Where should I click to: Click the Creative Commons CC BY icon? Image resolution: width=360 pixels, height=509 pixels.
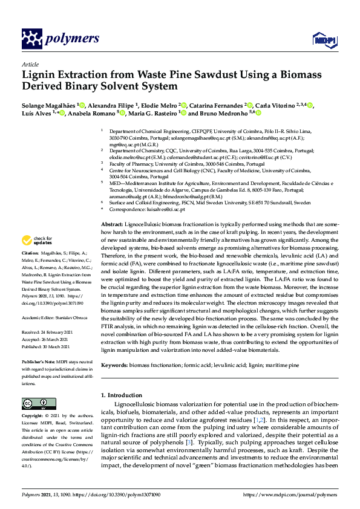tap(34, 403)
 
